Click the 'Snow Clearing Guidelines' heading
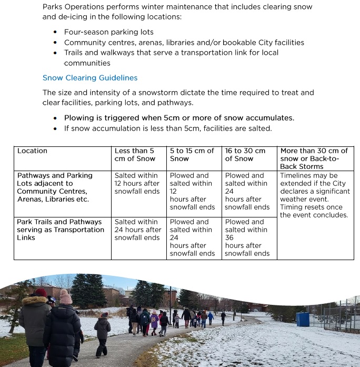90,78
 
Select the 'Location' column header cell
32,151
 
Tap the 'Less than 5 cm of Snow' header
135,155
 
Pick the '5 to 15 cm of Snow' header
192,155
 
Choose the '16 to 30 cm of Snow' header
245,155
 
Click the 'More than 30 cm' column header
314,158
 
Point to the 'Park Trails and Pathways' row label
61,230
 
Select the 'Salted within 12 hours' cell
137,183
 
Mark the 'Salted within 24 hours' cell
137,230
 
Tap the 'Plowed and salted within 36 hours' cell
247,237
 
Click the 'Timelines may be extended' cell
315,195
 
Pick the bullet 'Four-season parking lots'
108,32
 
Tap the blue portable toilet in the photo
303,319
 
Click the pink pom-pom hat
66,296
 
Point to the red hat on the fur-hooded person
41,292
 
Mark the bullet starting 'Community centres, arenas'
184,43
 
